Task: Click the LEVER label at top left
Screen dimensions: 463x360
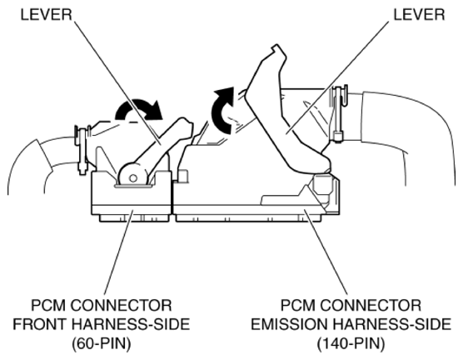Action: click(x=47, y=14)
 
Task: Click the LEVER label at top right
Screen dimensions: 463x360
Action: click(x=419, y=14)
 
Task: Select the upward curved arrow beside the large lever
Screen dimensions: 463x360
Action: click(x=222, y=110)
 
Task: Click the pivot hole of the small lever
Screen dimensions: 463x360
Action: click(x=133, y=178)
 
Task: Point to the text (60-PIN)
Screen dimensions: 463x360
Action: click(x=102, y=343)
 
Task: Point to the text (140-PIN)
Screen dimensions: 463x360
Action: click(x=351, y=343)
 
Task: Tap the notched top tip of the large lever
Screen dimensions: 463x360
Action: click(x=276, y=47)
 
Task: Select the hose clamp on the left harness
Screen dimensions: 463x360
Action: click(x=82, y=149)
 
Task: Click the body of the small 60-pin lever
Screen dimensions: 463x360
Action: click(x=159, y=145)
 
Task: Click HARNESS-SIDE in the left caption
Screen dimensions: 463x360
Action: click(x=131, y=324)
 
